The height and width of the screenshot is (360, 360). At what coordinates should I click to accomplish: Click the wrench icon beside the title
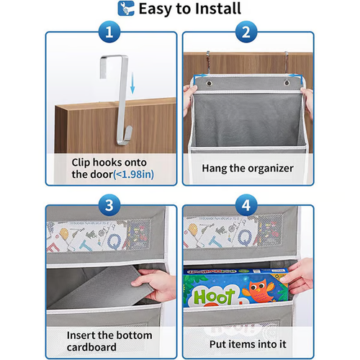(x=125, y=9)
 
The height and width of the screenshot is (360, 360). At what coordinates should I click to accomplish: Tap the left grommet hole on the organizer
(x=208, y=84)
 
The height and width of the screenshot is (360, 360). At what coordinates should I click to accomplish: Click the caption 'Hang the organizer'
(x=248, y=168)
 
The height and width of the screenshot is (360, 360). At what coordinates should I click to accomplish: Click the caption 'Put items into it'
(x=248, y=341)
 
